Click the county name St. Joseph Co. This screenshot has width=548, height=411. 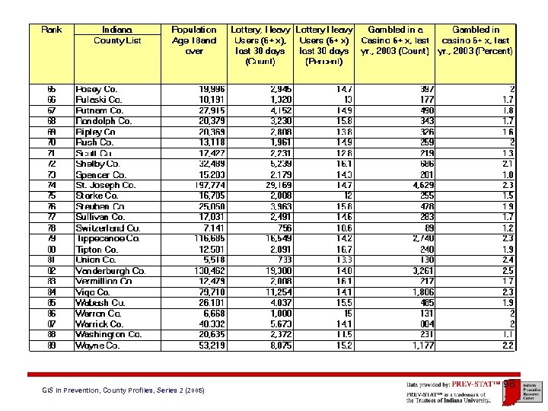pos(106,185)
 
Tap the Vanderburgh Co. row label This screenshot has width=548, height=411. pos(111,270)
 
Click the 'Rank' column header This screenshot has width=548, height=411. pos(52,30)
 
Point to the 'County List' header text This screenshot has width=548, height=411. pos(117,40)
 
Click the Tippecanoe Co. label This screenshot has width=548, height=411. pos(108,238)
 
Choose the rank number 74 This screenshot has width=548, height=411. pos(52,185)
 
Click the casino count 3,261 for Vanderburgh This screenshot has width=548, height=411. pos(420,270)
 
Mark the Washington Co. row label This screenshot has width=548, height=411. pos(109,334)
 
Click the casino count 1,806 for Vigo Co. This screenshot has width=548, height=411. pos(419,292)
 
